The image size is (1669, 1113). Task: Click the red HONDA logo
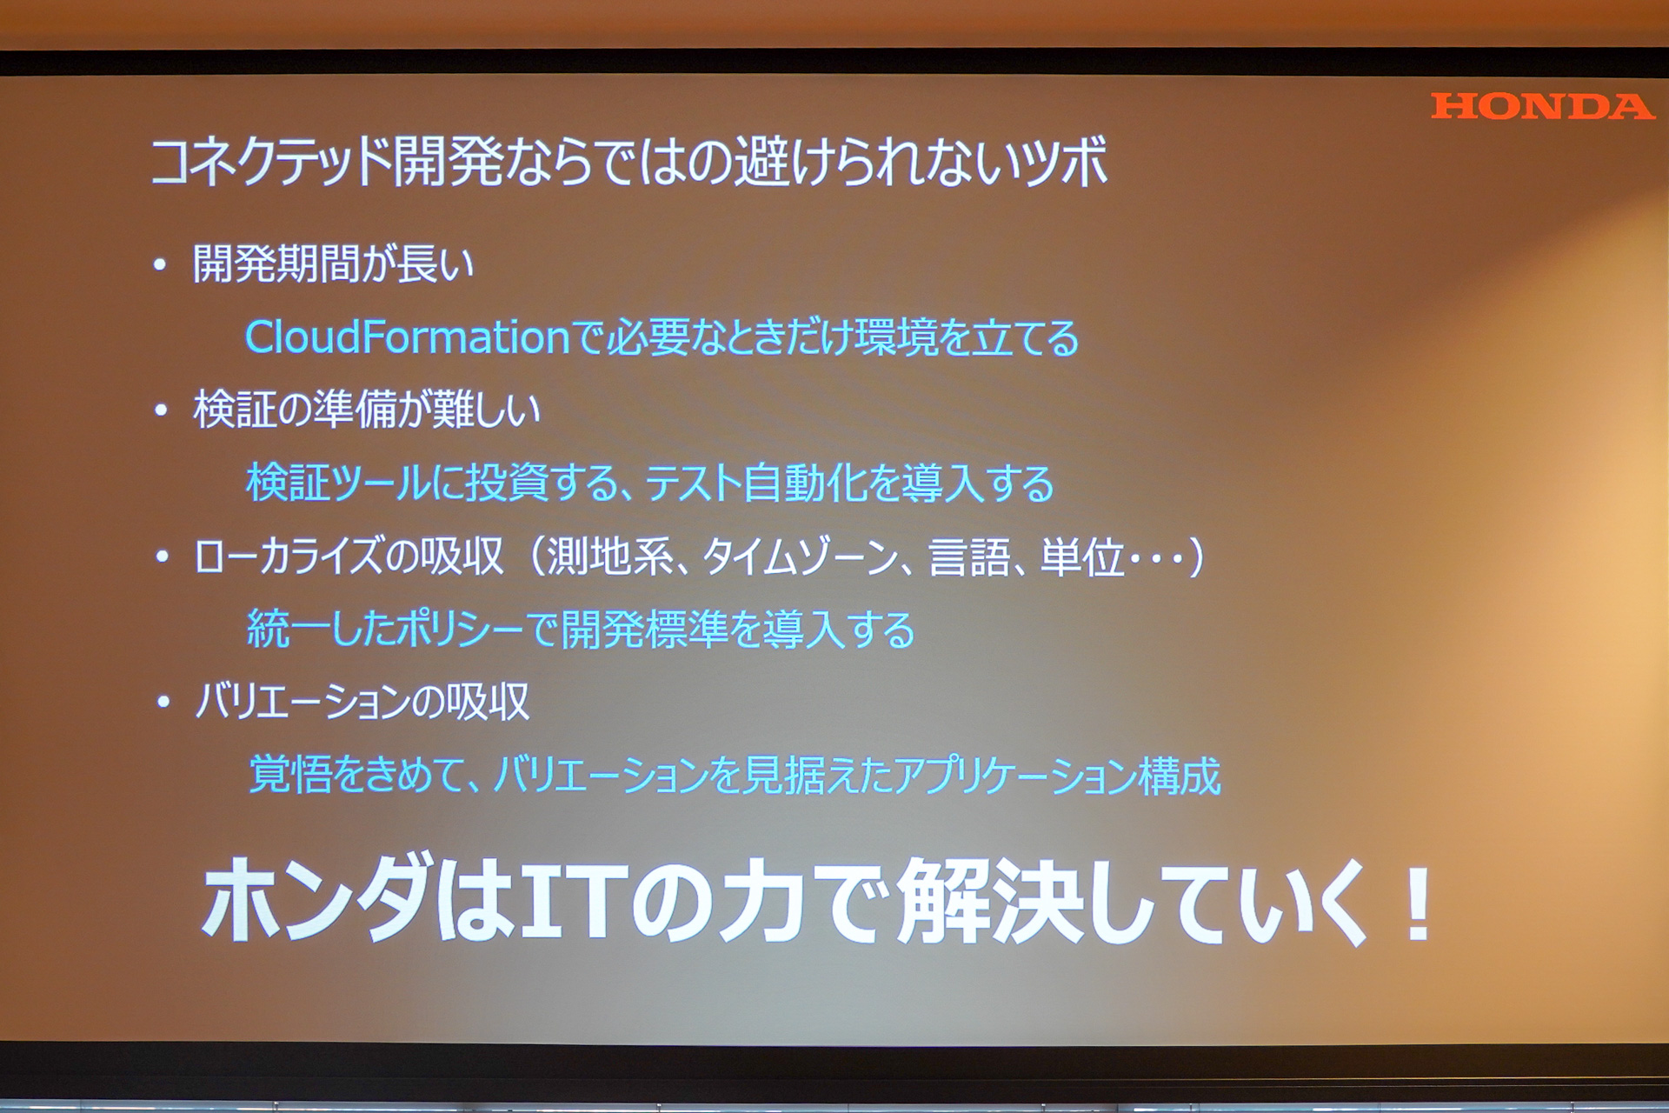[x=1541, y=106]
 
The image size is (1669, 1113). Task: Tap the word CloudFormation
[x=407, y=337]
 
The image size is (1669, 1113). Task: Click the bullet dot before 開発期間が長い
[x=160, y=265]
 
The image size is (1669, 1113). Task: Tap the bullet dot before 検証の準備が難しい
[x=160, y=410]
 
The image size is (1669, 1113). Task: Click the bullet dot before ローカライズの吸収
[x=161, y=556]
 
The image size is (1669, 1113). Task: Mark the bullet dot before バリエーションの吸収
[x=163, y=702]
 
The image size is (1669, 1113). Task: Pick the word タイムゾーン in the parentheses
[x=800, y=556]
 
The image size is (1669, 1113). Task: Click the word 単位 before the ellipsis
[x=1082, y=556]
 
